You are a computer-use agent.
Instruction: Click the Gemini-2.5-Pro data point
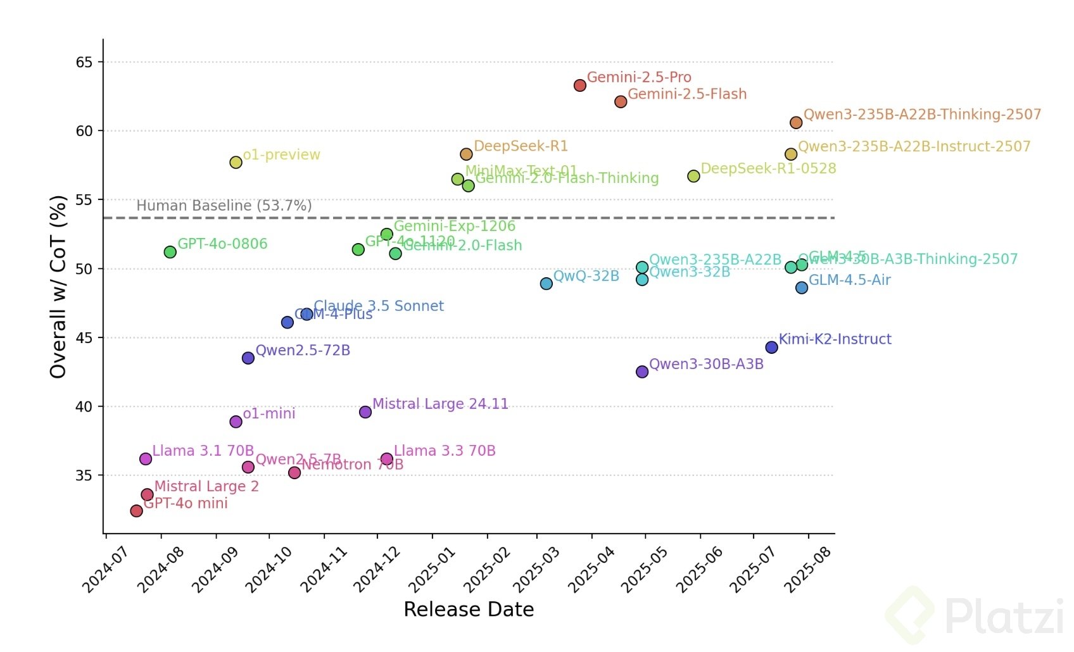point(579,85)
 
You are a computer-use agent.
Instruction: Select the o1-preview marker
point(236,163)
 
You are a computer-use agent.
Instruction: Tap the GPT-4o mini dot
point(136,511)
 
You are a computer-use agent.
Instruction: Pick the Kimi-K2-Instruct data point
point(771,348)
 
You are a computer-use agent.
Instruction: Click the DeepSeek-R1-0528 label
point(768,169)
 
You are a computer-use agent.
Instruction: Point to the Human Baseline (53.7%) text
point(224,206)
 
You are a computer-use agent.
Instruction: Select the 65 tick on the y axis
point(84,62)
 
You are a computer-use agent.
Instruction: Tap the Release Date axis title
point(469,610)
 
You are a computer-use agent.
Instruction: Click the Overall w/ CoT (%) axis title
point(58,287)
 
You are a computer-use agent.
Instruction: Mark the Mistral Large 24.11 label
point(440,404)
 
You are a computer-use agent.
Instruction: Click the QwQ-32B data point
point(546,284)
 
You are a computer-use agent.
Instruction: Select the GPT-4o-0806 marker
point(170,252)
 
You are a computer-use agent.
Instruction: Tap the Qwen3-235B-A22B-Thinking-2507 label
point(922,115)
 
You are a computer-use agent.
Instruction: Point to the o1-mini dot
point(236,422)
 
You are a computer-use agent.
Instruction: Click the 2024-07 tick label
point(106,570)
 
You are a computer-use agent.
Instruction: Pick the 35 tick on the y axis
point(84,475)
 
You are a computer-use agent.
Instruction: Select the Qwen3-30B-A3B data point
point(642,372)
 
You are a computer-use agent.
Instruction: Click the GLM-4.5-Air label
point(849,280)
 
